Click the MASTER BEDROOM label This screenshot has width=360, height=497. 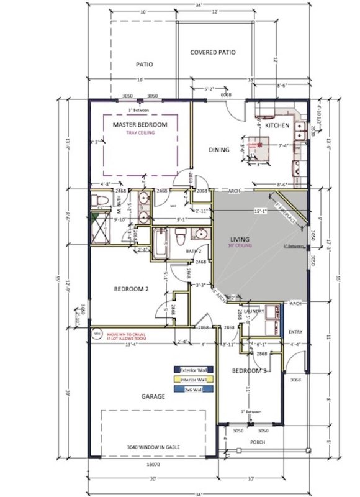140,125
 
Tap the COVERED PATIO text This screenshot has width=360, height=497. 213,53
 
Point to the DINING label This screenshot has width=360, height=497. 218,150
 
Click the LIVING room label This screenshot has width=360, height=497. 239,239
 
